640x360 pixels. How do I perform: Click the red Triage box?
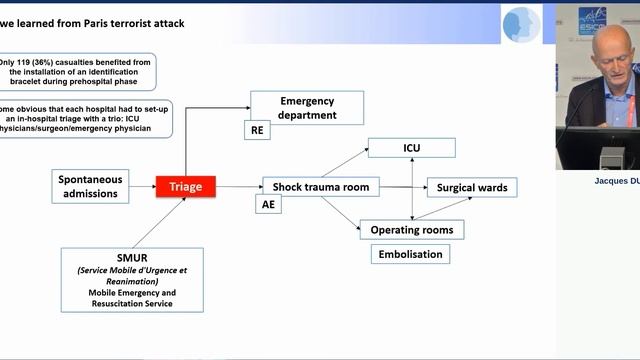[x=185, y=186]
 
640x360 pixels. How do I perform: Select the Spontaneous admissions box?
[x=91, y=186]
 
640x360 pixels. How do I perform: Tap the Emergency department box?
[x=307, y=108]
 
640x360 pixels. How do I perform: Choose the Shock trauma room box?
[x=322, y=187]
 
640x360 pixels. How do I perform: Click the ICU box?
[x=412, y=149]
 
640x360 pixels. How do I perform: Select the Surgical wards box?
[x=473, y=187]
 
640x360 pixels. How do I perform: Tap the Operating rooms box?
[x=412, y=230]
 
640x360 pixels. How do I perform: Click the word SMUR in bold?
[x=132, y=257]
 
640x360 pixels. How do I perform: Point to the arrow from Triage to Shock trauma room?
[x=238, y=187]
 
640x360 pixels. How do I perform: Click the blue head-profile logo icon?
[x=521, y=24]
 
